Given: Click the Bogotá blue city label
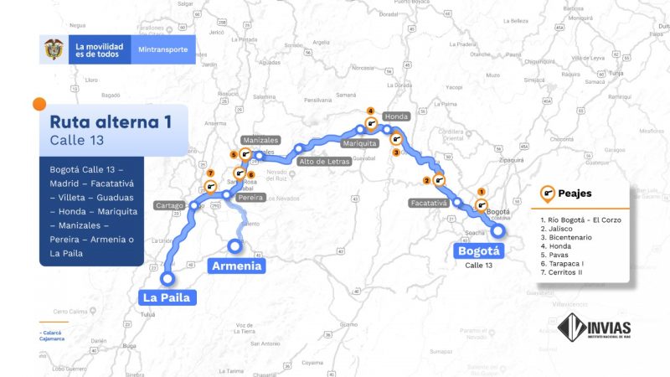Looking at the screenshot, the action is click(479, 250).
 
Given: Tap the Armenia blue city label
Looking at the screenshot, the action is click(236, 266).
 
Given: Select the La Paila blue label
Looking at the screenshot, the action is click(168, 297).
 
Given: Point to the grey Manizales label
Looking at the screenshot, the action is click(259, 140).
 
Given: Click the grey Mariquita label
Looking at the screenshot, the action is click(360, 142).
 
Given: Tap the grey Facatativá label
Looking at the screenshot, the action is click(430, 203).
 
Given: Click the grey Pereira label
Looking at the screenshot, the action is click(251, 198).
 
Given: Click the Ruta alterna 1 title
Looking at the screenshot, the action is click(111, 121).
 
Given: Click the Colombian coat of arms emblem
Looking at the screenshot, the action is click(54, 49).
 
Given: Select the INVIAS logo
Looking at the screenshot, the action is click(594, 327).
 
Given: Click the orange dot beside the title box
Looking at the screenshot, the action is click(39, 104).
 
